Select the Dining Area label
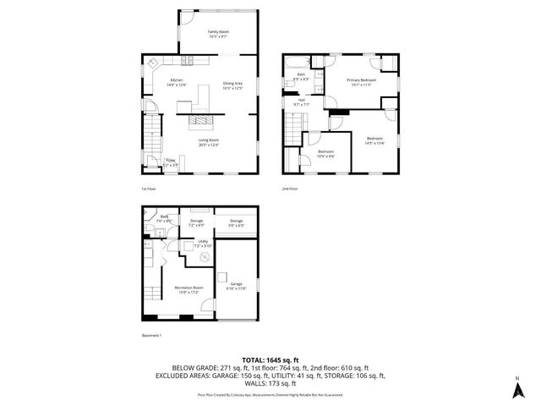point(232,85)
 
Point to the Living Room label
point(208,143)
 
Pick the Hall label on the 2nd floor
point(301,102)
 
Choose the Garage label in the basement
point(235,285)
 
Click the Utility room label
point(203,244)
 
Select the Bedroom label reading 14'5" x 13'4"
point(374,140)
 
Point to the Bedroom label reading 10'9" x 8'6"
point(325,154)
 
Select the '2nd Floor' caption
point(290,189)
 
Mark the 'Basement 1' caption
point(150,336)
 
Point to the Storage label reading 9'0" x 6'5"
point(236,223)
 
